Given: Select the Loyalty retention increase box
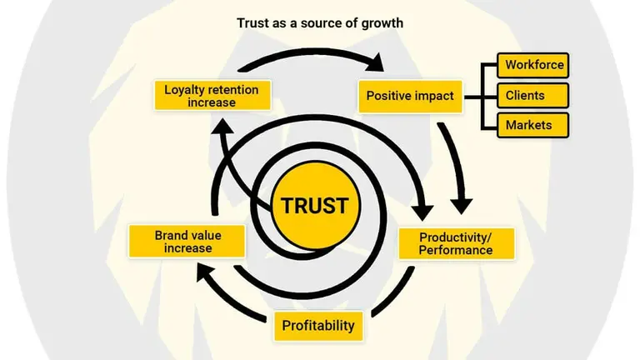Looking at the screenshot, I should point(212,96).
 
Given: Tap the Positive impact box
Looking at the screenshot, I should point(410,96).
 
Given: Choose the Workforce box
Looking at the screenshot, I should point(534,65).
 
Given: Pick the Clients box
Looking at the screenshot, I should point(534,95).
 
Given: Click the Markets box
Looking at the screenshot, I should point(534,125).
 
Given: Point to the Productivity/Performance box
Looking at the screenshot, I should point(455,242).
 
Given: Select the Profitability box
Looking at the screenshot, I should point(317,325).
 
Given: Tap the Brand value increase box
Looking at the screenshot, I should point(187,242).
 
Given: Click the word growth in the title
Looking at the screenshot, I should point(382,23).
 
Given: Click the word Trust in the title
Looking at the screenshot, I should point(253,23).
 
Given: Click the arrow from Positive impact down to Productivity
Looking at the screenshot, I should point(457,167).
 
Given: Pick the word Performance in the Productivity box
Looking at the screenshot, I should point(455,250).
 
